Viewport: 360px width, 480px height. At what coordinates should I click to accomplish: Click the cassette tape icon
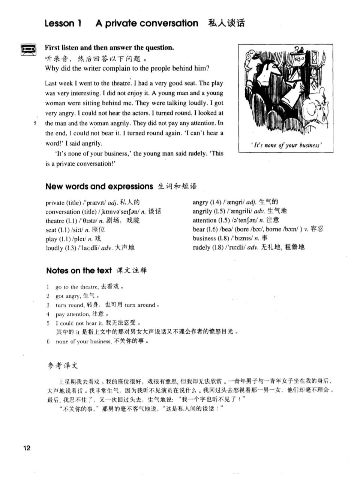28,49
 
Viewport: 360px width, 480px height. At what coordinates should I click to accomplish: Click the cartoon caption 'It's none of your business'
286,145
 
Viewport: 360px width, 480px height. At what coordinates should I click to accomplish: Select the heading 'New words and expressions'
99,186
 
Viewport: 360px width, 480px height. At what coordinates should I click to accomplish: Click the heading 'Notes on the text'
79,270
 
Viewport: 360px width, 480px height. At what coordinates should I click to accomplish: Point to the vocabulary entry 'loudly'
54,248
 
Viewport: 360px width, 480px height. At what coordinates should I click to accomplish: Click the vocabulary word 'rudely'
201,247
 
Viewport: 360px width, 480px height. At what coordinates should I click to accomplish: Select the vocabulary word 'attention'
205,220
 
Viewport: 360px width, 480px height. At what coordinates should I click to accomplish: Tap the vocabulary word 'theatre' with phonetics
55,221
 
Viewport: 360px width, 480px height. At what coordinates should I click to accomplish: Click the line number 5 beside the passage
35,123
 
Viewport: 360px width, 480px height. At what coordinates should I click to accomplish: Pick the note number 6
48,341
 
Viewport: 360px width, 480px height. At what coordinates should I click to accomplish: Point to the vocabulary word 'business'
205,238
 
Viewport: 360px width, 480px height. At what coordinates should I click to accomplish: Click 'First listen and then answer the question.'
109,48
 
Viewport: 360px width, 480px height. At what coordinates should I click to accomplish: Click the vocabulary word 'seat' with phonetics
51,230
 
